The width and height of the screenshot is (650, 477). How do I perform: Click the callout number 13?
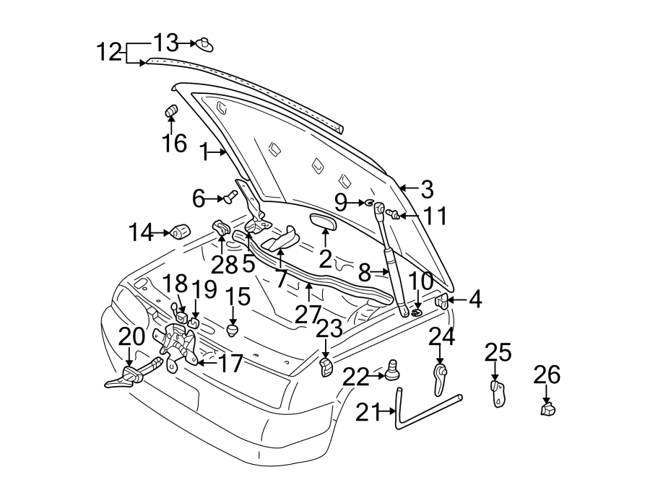click(x=165, y=41)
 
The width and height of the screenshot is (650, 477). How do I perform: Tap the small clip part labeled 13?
click(x=204, y=45)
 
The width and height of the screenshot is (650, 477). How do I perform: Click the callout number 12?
click(x=109, y=52)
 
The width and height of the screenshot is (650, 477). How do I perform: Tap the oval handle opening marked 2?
click(x=324, y=220)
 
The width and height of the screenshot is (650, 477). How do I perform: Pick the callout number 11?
click(x=436, y=216)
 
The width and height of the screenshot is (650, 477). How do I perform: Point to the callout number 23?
click(x=329, y=330)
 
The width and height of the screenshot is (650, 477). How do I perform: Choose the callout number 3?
click(x=427, y=191)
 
